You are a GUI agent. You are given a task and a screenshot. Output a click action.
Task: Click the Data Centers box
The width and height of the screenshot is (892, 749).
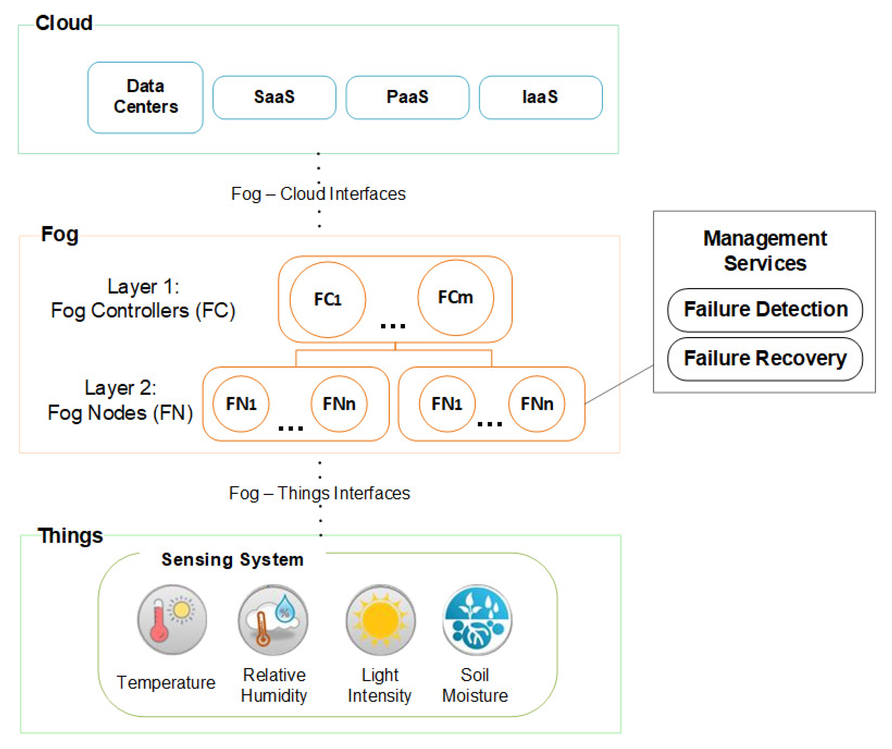tap(145, 97)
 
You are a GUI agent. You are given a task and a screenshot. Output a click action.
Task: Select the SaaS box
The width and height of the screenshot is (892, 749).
tap(274, 97)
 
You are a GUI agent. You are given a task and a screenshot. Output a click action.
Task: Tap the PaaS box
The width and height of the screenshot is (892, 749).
tap(407, 97)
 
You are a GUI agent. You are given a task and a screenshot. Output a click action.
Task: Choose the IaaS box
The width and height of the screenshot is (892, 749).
tap(540, 97)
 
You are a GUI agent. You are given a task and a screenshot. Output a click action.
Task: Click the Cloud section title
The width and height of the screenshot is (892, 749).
tap(64, 23)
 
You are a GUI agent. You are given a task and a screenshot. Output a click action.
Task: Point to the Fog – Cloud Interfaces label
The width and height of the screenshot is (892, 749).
tap(318, 194)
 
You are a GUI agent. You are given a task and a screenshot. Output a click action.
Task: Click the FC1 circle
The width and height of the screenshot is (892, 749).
tap(327, 300)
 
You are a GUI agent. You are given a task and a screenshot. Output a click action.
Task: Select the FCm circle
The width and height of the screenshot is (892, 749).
tap(455, 297)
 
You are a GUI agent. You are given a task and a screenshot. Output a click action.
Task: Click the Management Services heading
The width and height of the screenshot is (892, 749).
tap(765, 251)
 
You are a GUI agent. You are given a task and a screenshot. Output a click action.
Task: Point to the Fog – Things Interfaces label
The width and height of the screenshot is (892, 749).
tap(319, 493)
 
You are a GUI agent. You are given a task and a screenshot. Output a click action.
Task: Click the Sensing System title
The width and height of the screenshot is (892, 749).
tap(232, 559)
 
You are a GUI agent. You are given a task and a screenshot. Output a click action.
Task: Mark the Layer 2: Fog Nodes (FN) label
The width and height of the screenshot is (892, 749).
tap(120, 401)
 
